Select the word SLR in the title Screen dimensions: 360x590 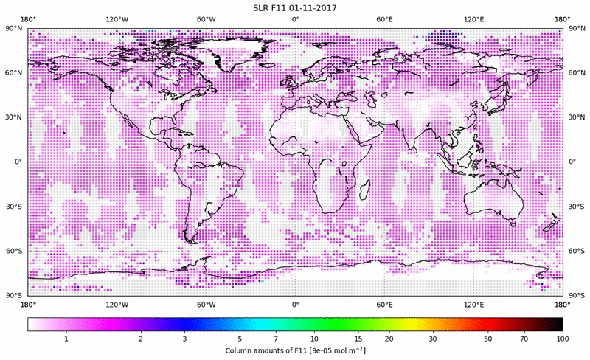[251, 7]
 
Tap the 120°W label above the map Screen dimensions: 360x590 [116, 18]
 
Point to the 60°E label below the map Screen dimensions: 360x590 [384, 304]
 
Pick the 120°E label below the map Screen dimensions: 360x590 [473, 304]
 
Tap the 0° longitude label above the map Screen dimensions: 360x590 [295, 18]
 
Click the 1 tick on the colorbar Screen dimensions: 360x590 [66, 339]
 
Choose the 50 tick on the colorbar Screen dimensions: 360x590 [487, 339]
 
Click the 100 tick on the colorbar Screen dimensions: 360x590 [562, 339]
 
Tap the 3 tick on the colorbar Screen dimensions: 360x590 [185, 339]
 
